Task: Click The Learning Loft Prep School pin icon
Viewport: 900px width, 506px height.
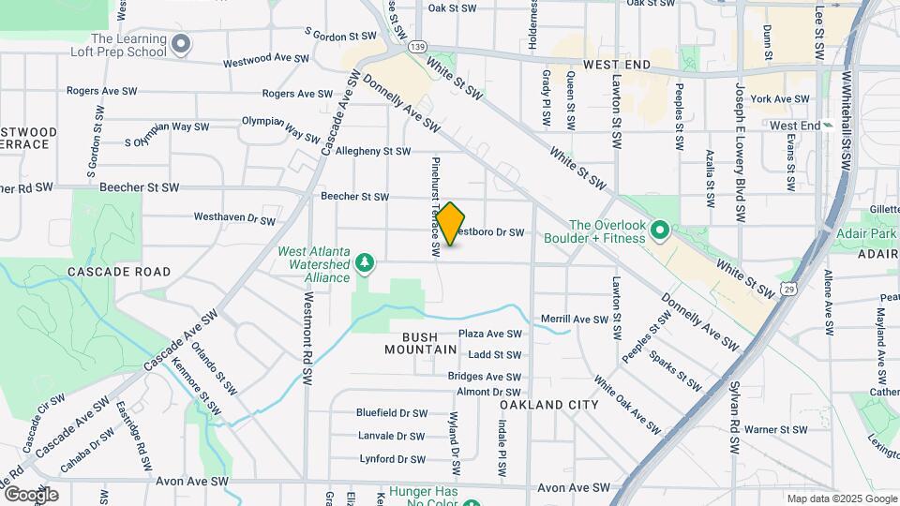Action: pos(182,43)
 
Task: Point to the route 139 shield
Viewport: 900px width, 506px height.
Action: pos(418,46)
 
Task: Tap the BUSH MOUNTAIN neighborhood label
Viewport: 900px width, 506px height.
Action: pos(420,342)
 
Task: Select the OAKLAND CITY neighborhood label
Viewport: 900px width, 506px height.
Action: pos(548,405)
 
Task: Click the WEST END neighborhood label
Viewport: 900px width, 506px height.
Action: pos(616,66)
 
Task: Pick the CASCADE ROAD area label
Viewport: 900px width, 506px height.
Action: pos(119,272)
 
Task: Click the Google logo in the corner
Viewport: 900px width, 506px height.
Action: pos(31,494)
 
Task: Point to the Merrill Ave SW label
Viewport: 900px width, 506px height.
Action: pos(575,320)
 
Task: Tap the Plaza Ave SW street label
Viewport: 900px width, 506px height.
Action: pos(489,334)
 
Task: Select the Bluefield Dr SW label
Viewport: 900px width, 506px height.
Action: pos(391,412)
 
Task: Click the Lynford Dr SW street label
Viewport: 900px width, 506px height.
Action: pos(392,459)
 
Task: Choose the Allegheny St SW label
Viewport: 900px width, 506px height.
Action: pos(373,151)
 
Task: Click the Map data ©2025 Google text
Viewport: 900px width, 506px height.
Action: pos(841,499)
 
